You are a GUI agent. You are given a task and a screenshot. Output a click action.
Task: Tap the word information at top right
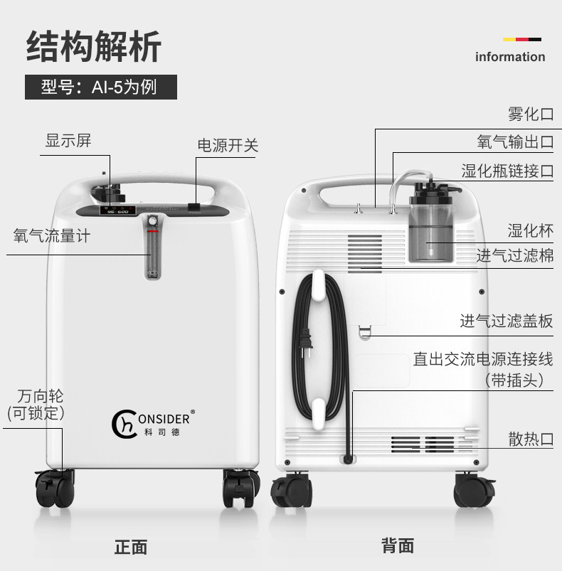[x=509, y=57]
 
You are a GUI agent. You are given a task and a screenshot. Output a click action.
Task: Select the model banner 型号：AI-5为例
[x=100, y=87]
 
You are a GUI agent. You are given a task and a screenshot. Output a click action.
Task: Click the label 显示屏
[x=68, y=140]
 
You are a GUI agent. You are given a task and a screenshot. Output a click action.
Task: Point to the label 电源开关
[x=227, y=146]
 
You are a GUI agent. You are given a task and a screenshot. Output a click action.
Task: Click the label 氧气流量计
[x=52, y=236]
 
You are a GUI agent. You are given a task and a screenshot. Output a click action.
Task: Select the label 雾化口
[x=530, y=114]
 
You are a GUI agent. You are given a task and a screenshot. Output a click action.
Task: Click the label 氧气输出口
[x=515, y=142]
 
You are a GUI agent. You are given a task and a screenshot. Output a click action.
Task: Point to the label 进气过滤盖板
[x=506, y=321]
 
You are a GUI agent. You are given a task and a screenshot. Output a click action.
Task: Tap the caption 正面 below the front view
[x=131, y=547]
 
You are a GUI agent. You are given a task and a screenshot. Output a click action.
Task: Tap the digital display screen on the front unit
[x=113, y=211]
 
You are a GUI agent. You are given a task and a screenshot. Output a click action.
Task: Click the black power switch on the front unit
[x=194, y=208]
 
